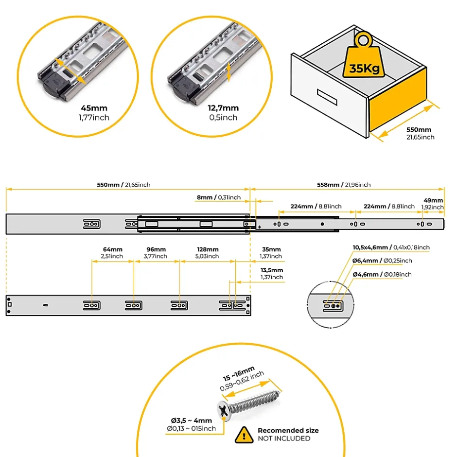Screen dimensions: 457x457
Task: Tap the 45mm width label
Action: click(x=94, y=108)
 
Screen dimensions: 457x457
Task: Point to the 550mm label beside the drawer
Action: click(x=419, y=130)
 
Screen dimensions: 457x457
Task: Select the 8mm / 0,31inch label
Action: click(x=219, y=197)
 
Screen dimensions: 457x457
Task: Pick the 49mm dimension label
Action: click(x=434, y=200)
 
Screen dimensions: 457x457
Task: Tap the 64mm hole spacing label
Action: click(x=112, y=250)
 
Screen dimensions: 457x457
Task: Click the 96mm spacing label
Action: click(x=157, y=250)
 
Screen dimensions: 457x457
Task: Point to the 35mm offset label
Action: click(x=271, y=250)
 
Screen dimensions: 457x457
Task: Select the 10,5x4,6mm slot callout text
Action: click(x=391, y=247)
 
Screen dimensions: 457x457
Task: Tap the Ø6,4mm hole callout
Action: click(x=382, y=261)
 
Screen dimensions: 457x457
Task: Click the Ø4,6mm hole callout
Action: click(x=382, y=275)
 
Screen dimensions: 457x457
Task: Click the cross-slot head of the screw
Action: click(x=224, y=411)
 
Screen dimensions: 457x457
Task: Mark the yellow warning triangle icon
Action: click(x=244, y=434)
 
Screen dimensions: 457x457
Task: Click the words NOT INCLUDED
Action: click(x=284, y=439)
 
